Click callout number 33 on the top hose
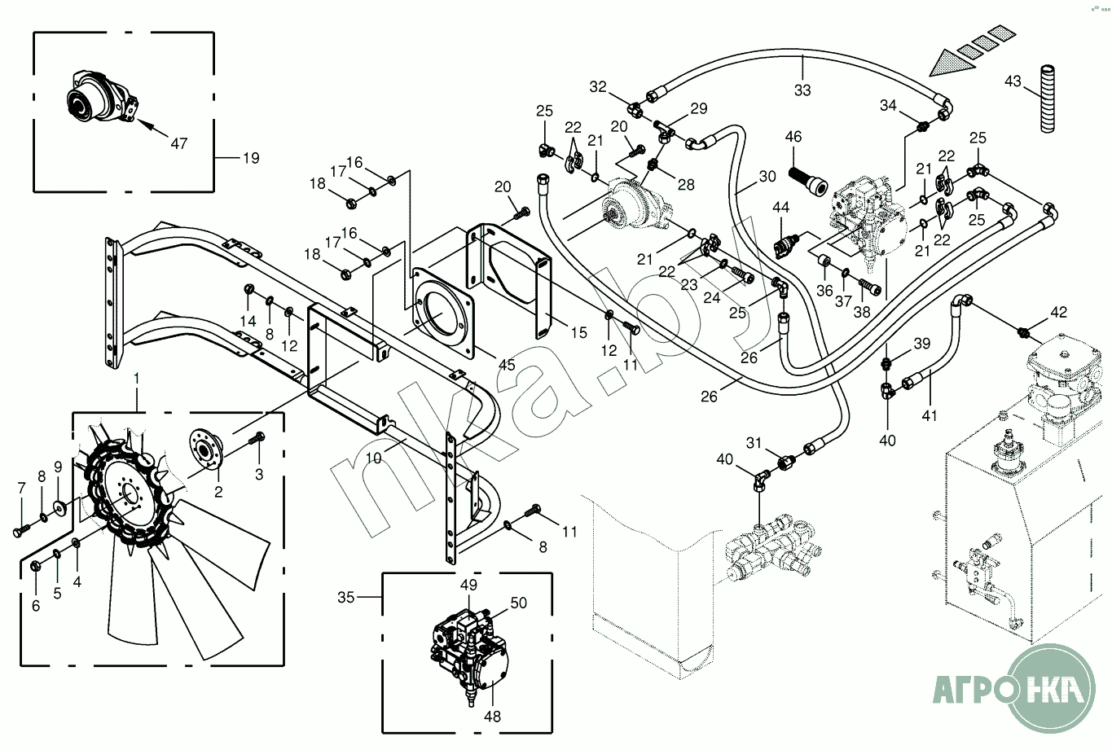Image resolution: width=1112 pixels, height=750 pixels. (802, 90)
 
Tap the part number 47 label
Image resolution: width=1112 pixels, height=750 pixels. (178, 143)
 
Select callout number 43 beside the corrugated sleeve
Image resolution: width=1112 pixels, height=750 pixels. (1013, 81)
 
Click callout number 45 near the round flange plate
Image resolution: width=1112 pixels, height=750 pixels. (507, 366)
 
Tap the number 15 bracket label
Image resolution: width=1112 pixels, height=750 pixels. (578, 333)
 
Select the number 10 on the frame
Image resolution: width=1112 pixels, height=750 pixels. (373, 458)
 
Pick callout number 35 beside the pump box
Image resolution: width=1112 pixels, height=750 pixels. (346, 598)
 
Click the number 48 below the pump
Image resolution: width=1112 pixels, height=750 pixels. (492, 717)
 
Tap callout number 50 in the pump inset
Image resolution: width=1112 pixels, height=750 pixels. (519, 603)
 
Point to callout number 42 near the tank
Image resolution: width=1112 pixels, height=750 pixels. (1058, 312)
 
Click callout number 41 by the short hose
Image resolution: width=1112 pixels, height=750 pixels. (930, 415)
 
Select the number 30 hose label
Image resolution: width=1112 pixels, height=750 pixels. (767, 177)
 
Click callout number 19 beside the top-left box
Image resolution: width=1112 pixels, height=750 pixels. (251, 158)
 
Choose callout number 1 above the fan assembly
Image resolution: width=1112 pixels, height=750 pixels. (137, 379)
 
